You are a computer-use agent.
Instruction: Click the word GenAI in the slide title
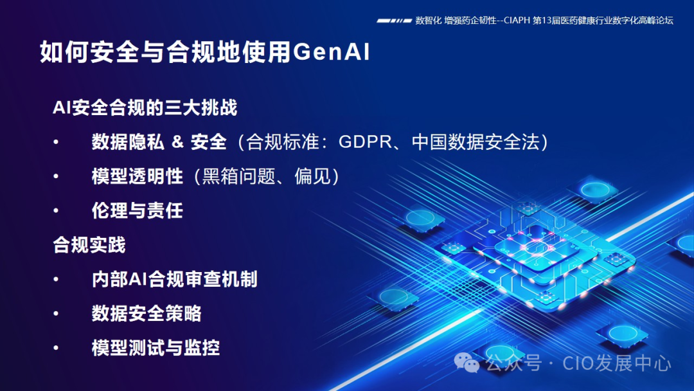point(332,52)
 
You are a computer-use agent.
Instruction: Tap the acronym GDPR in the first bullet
point(363,142)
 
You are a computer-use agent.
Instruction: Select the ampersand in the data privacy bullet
point(177,142)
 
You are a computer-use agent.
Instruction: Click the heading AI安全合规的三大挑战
point(145,107)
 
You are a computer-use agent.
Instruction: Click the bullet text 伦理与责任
point(138,210)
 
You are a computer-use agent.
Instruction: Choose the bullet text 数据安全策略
point(147,313)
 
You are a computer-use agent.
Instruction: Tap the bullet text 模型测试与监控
point(156,348)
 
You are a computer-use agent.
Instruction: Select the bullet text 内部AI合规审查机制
point(174,279)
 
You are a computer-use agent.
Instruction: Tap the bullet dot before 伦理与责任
point(56,211)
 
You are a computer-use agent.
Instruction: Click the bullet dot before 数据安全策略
point(56,314)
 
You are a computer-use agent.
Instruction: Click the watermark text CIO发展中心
point(617,363)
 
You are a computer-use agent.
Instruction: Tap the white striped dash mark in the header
point(394,21)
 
